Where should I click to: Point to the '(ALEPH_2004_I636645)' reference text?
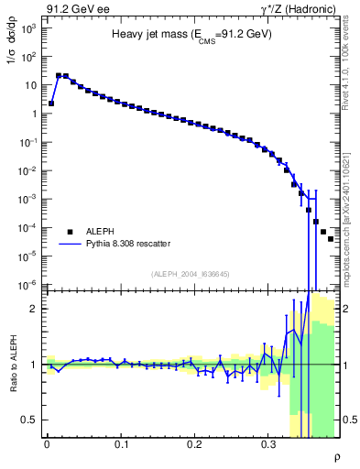click(191, 274)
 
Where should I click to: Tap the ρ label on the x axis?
click(336, 456)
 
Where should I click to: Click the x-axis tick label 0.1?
click(121, 442)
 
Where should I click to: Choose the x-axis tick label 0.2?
click(194, 442)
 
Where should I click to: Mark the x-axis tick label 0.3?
click(268, 442)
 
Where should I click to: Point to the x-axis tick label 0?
click(47, 442)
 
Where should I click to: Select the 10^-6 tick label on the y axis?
click(28, 285)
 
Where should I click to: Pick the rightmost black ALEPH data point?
click(331, 239)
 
